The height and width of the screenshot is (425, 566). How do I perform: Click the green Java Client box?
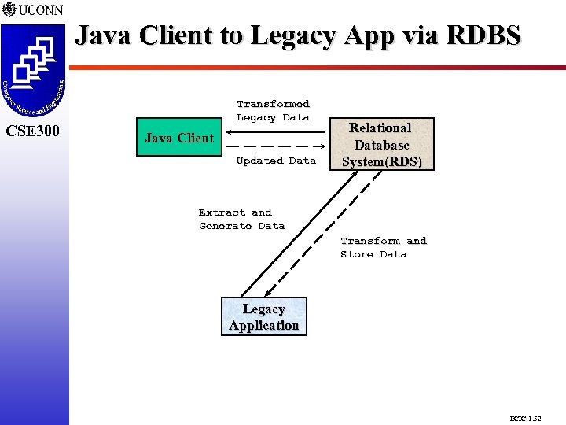pos(179,139)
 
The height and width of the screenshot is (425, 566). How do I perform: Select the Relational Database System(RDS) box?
pos(381,145)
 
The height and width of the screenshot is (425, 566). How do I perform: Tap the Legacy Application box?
pos(263,317)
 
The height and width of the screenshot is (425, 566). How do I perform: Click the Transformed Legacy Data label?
pos(273,110)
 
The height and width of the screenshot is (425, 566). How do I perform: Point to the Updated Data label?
pos(276,161)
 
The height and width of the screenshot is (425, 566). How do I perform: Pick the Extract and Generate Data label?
pos(241,219)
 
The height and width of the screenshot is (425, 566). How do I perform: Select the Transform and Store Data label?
pos(383,247)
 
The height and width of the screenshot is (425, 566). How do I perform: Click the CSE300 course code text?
pos(33,131)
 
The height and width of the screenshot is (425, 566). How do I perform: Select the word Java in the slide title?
pos(102,35)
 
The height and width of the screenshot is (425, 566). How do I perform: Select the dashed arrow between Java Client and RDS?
pos(275,147)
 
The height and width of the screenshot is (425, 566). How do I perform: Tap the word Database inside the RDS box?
pos(381,145)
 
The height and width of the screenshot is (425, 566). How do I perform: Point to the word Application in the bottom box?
pos(263,326)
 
